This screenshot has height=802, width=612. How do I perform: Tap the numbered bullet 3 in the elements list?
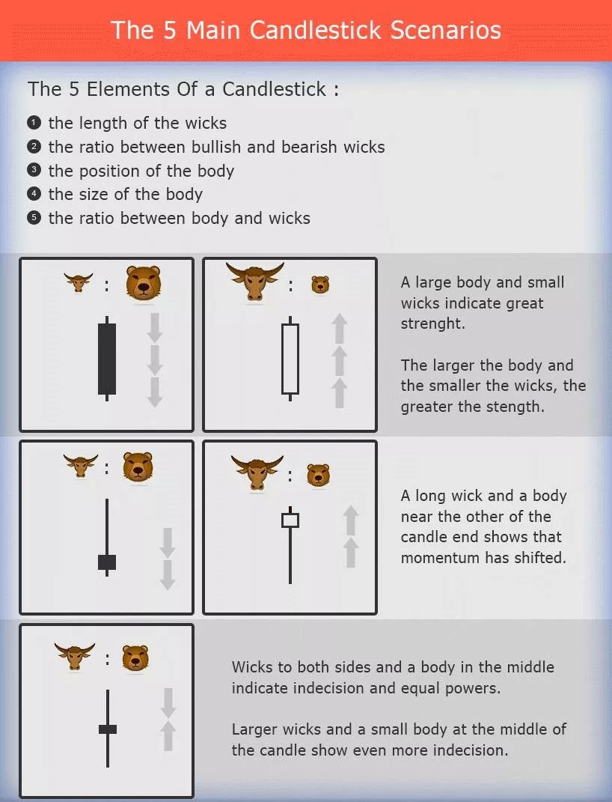click(x=34, y=170)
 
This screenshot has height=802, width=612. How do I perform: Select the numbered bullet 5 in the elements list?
click(x=34, y=218)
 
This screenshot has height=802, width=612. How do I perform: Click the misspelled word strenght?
click(x=432, y=324)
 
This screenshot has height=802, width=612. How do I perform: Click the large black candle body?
click(x=107, y=359)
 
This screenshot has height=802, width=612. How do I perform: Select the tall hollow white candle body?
click(x=290, y=359)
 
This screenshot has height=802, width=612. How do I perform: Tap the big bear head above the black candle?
click(x=144, y=282)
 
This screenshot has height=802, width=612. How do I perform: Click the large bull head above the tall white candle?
click(x=254, y=282)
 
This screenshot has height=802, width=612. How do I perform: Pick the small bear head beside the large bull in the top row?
click(x=320, y=285)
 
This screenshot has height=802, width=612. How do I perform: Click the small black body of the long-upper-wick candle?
click(x=107, y=562)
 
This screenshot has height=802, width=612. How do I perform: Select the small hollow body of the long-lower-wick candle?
click(x=290, y=520)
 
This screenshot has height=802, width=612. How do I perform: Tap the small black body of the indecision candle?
click(x=108, y=729)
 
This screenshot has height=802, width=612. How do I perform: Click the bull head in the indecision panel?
click(x=75, y=656)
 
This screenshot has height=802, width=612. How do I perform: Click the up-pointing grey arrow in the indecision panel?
click(x=168, y=736)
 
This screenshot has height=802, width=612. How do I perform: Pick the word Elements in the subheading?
click(x=128, y=89)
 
